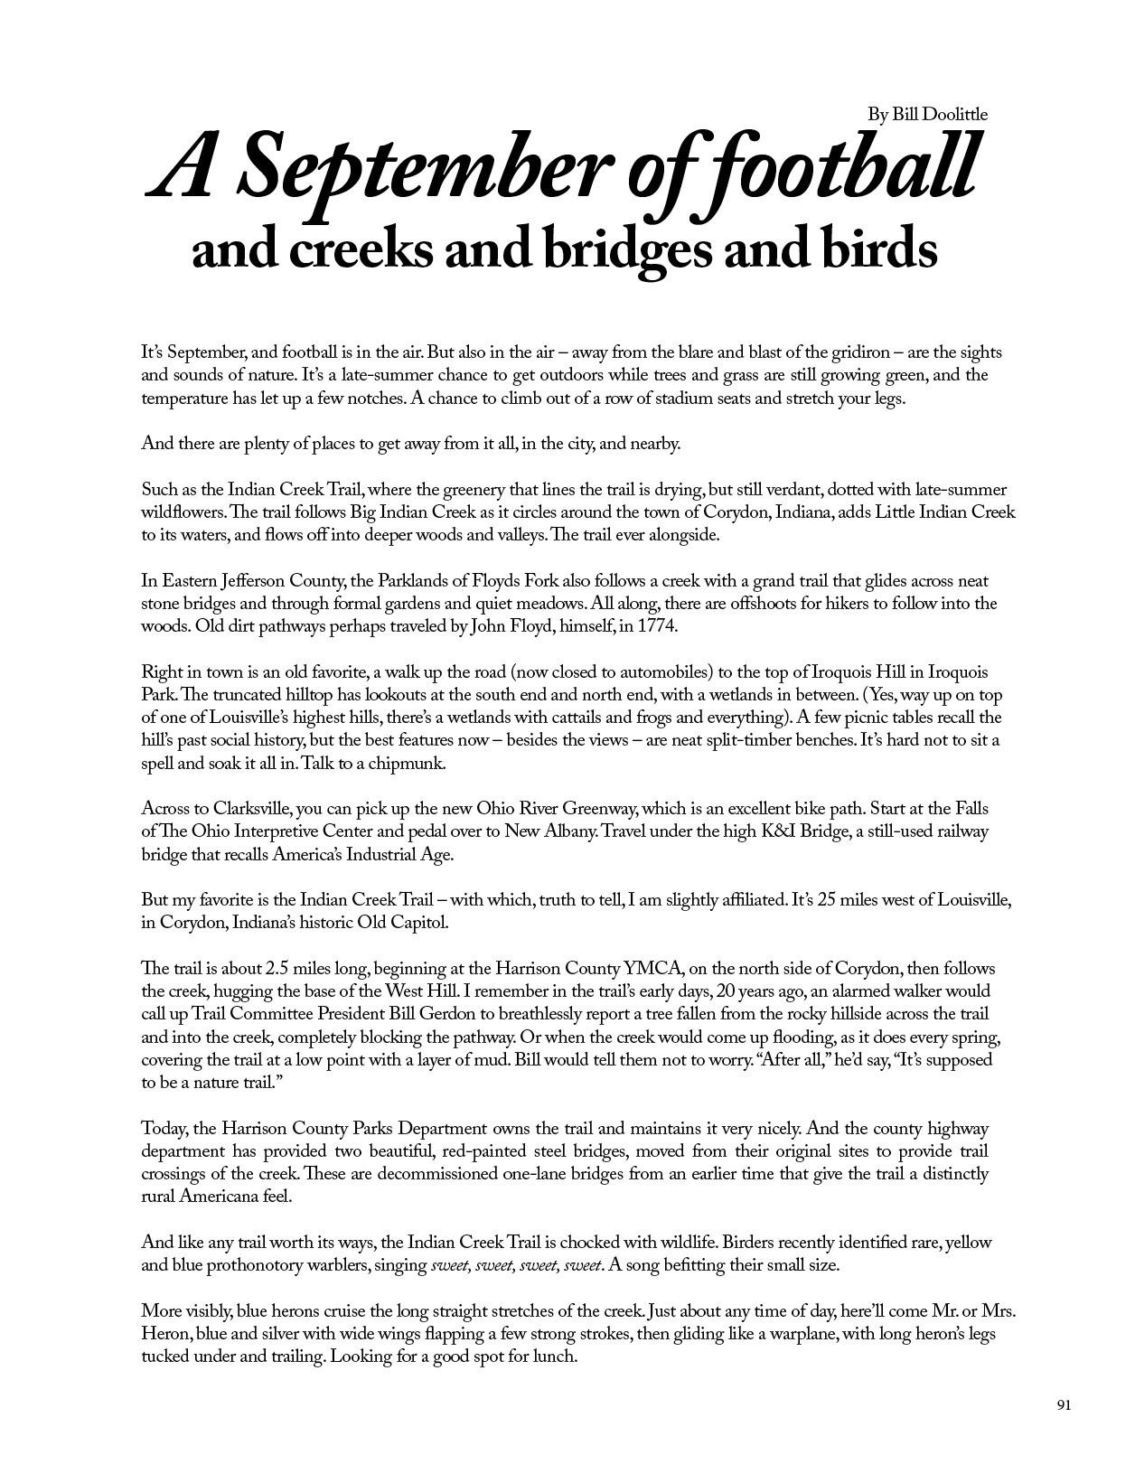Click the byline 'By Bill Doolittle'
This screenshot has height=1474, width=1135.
pos(927,114)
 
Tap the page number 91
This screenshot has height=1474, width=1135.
pos(1064,1404)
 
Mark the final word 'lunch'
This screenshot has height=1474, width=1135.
pos(553,1357)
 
